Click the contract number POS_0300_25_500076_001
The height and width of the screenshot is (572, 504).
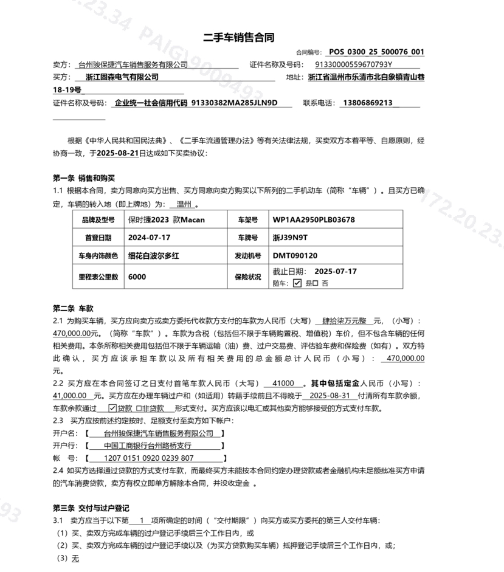click(x=376, y=52)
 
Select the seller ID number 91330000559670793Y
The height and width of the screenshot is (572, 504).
click(x=354, y=64)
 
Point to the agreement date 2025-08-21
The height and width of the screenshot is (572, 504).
click(x=118, y=153)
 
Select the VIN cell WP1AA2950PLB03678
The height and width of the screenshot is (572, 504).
click(x=314, y=219)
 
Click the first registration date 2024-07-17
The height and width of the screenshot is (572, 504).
click(x=149, y=238)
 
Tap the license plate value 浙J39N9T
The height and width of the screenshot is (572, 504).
click(x=291, y=238)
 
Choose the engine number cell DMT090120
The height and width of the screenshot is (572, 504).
click(x=295, y=256)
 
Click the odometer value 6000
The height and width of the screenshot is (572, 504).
click(x=137, y=277)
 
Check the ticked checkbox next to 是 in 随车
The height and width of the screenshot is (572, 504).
click(x=297, y=283)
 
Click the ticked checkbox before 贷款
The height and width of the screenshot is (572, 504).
click(x=112, y=408)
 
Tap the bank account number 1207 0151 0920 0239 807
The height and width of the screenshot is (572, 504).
click(x=150, y=458)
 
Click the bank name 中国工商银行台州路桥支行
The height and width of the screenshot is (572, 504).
click(x=143, y=446)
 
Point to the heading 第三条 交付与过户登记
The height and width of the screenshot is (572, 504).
click(x=91, y=508)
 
